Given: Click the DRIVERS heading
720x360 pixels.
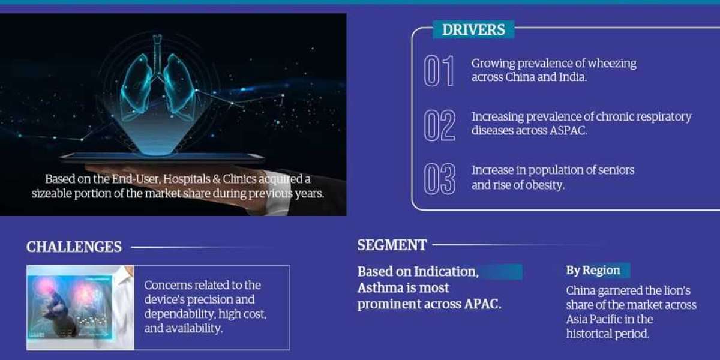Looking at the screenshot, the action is pyautogui.click(x=473, y=29).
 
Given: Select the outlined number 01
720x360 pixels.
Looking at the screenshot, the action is pyautogui.click(x=439, y=71).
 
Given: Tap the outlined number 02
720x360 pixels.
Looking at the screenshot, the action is pyautogui.click(x=440, y=125).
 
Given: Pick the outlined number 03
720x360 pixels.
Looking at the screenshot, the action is pyautogui.click(x=440, y=179).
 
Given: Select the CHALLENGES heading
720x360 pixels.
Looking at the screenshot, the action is pyautogui.click(x=74, y=247).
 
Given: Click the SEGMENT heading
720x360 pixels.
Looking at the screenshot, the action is pyautogui.click(x=392, y=245).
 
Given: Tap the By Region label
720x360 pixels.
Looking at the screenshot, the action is pyautogui.click(x=593, y=270).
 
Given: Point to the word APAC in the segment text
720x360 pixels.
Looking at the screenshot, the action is pyautogui.click(x=482, y=304).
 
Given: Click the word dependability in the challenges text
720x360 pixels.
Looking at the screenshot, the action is pyautogui.click(x=179, y=314).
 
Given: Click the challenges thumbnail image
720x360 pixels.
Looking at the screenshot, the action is pyautogui.click(x=80, y=308).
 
